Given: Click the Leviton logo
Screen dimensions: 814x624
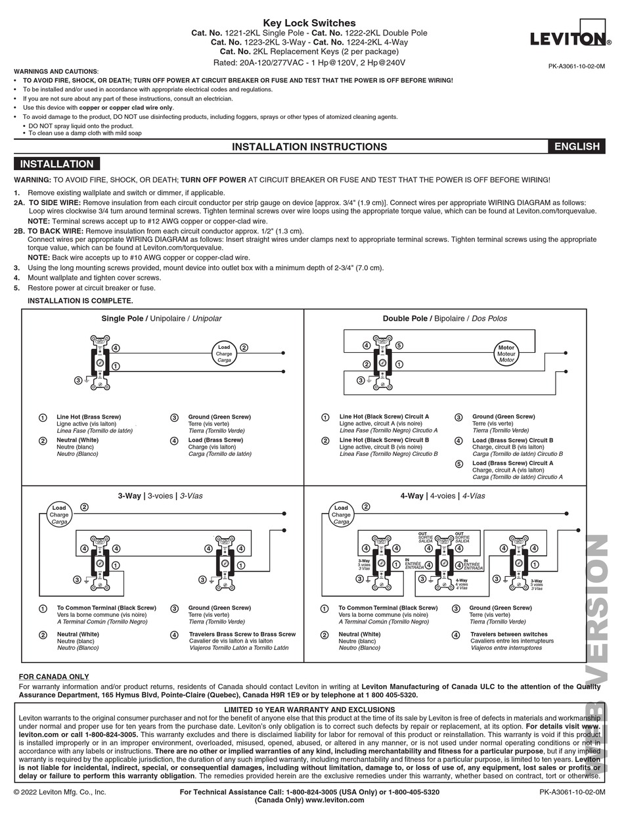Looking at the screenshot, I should click(570, 39).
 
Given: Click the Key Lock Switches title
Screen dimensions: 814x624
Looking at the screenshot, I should click(309, 23).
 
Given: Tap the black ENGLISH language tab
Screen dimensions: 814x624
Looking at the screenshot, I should click(577, 147).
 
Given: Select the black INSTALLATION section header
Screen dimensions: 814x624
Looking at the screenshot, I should click(57, 164).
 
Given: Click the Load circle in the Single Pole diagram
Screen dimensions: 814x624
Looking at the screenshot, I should click(224, 353).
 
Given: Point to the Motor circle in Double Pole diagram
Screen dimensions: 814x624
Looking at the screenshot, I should click(506, 353).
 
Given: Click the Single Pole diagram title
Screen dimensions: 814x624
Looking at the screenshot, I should click(162, 319).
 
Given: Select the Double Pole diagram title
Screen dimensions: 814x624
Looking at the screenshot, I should click(445, 319).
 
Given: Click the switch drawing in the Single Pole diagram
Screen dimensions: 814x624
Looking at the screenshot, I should click(100, 361).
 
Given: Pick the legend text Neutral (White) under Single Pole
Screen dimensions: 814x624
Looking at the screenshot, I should click(78, 440).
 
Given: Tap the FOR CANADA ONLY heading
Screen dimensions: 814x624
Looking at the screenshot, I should click(54, 677).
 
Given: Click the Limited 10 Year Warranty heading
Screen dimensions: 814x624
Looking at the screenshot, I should click(309, 710).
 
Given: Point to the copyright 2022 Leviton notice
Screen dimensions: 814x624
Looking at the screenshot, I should click(60, 792).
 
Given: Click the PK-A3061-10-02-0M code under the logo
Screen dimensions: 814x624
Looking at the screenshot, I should click(577, 66).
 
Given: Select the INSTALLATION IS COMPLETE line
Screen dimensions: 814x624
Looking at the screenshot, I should click(80, 301).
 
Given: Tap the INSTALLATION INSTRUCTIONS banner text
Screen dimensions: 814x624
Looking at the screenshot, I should click(309, 147).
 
